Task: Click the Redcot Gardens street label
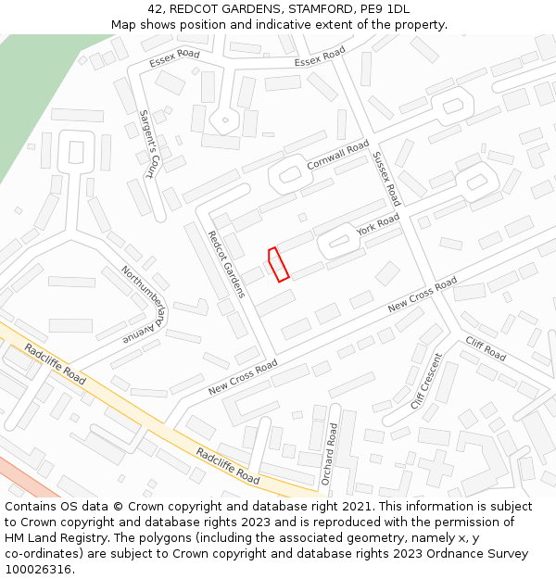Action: [227, 264]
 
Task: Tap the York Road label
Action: [378, 224]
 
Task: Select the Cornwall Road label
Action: [338, 154]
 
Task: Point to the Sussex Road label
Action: [386, 178]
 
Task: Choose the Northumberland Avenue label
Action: [143, 305]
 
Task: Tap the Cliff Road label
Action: [486, 349]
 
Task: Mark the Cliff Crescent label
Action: [427, 381]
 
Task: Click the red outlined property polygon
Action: [278, 263]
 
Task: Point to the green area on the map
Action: [28, 102]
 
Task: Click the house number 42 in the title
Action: [155, 9]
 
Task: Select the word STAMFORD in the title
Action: [313, 9]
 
